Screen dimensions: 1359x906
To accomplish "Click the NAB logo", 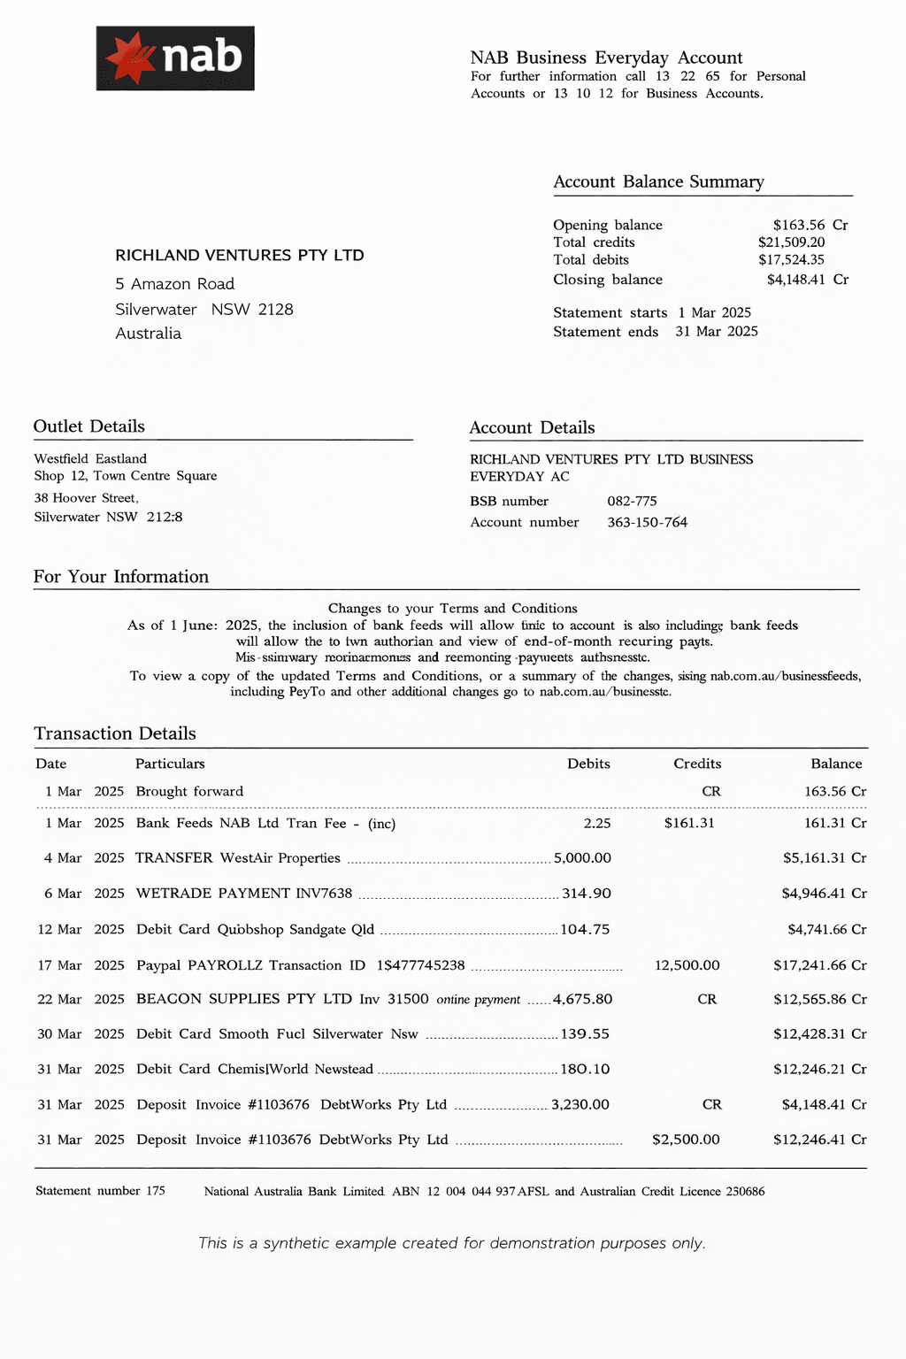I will [175, 58].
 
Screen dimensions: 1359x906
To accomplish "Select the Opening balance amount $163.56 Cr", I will [810, 225].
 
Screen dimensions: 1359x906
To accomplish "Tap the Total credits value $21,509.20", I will [791, 242].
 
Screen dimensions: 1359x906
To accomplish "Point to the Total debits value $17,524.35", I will [791, 260].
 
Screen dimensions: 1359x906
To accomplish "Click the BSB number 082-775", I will [632, 501].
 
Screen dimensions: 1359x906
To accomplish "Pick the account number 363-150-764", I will [647, 522].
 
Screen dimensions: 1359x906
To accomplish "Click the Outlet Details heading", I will [89, 426].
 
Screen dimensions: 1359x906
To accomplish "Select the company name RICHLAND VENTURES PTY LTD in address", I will [239, 255].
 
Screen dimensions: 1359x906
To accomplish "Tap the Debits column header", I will [588, 764].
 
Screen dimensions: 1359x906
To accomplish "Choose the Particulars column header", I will [170, 764].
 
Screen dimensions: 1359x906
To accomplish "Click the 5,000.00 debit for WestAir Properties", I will [582, 858].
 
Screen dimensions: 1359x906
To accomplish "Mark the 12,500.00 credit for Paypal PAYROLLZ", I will [687, 965].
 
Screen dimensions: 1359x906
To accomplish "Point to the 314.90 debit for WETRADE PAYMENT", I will [587, 894].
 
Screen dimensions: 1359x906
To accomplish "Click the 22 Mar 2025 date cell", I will [81, 999].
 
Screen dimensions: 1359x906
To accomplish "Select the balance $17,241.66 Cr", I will [819, 965].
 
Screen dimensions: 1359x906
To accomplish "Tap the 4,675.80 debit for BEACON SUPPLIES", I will [582, 999].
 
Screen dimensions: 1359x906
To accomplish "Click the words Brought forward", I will [189, 791].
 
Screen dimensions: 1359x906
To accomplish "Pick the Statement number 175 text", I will [100, 1191].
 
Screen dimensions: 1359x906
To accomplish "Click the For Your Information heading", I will [121, 577].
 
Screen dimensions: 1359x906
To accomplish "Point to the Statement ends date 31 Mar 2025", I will [716, 331].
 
